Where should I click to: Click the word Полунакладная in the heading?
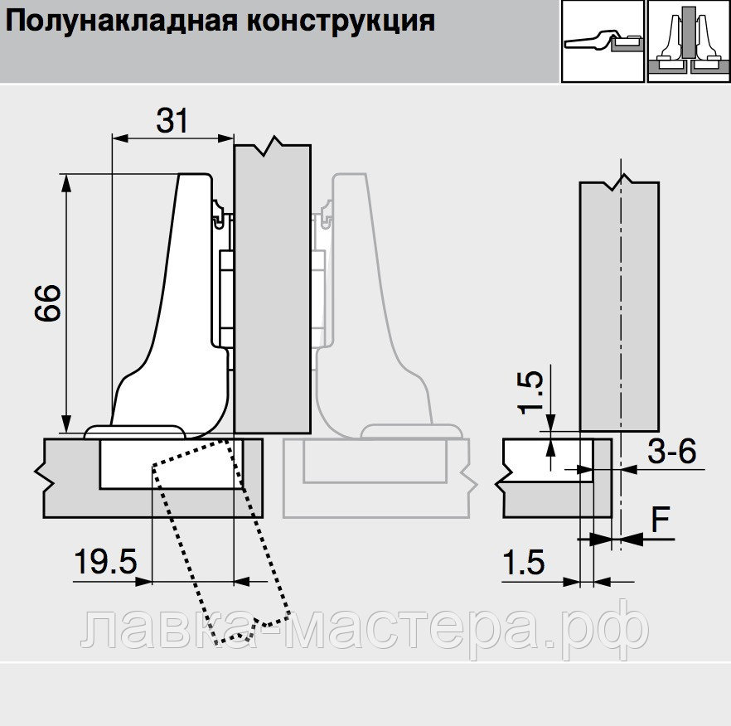(x=120, y=21)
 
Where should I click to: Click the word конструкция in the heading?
(x=339, y=21)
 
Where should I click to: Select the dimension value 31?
(x=172, y=121)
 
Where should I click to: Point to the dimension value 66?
(x=48, y=304)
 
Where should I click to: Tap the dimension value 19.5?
(x=105, y=562)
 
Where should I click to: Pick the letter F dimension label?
(x=660, y=520)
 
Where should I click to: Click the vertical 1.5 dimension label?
(x=532, y=392)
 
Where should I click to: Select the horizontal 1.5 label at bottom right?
(x=524, y=564)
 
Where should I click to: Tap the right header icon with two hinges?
(x=688, y=41)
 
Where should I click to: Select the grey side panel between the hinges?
(x=273, y=290)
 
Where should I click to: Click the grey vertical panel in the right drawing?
(x=620, y=307)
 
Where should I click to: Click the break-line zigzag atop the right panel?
(x=619, y=180)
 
